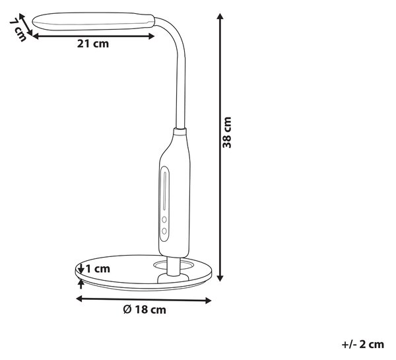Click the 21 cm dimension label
pos(93,44)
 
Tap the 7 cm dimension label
pos(18,30)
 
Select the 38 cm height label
pos(227,133)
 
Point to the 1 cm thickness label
pos(98,269)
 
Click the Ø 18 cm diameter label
pos(145,310)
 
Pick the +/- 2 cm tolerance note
pos(363,344)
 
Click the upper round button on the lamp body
pos(164,219)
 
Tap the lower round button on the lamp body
pos(164,231)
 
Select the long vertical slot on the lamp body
pos(165,191)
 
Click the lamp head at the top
pos(94,22)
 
